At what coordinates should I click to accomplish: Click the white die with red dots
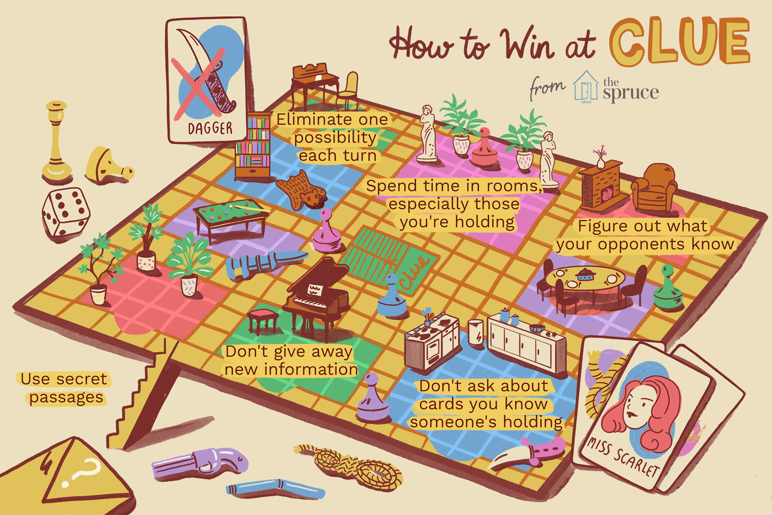tap(66, 212)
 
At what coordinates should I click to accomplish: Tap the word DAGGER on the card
tap(210, 128)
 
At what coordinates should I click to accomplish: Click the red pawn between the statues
tap(484, 149)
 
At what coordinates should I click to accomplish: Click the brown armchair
tap(654, 188)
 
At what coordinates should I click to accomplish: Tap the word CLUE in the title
tap(679, 41)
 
